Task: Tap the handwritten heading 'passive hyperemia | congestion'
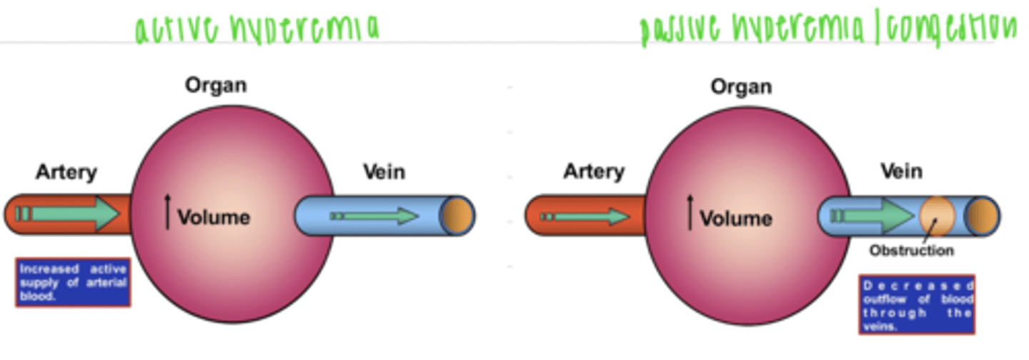(x=827, y=30)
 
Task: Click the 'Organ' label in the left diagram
(x=216, y=86)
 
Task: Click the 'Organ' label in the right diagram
(x=740, y=87)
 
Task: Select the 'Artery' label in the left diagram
(x=66, y=172)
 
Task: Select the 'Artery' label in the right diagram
(x=593, y=172)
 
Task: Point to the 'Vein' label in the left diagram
(x=384, y=172)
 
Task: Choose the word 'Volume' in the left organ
(x=214, y=217)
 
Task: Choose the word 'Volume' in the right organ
(x=735, y=218)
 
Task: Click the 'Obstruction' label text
(x=911, y=251)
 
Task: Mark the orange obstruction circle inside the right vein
(x=937, y=216)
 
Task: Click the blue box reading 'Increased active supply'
(x=73, y=282)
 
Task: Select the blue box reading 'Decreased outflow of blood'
(x=917, y=305)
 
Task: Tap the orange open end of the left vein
(x=458, y=215)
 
